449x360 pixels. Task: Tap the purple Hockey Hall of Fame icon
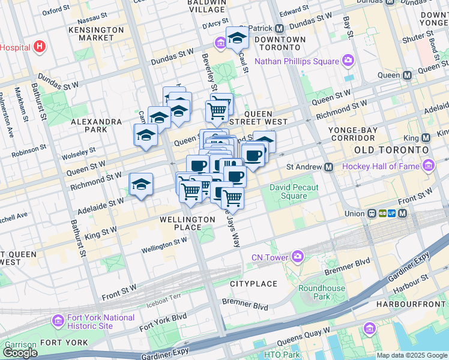[x=429, y=165]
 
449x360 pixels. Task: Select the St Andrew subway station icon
[x=328, y=167]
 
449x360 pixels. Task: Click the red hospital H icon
[x=40, y=46]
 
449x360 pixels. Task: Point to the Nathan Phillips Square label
[x=297, y=61]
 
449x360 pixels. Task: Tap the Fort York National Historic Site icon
[x=58, y=320]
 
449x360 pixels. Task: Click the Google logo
[x=20, y=353]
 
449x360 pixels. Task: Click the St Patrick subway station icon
[x=279, y=28]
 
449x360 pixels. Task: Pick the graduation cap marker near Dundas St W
[x=237, y=38]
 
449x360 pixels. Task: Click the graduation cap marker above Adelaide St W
[x=141, y=184]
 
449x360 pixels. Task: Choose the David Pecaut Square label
[x=294, y=191]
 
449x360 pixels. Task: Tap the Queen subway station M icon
[x=408, y=76]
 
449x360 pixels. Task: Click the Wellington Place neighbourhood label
[x=187, y=223]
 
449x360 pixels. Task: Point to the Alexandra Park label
[x=97, y=125]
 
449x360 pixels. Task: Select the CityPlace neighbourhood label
[x=253, y=283]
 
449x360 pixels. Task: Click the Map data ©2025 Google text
[x=412, y=355]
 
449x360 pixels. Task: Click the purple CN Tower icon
[x=297, y=257]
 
